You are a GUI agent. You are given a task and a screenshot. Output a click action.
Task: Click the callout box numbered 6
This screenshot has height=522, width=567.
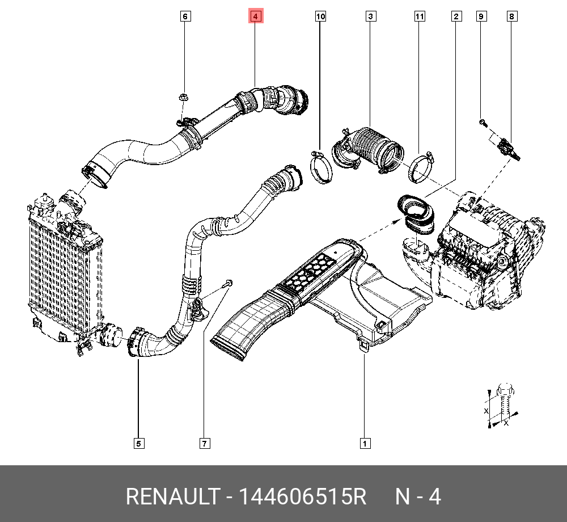click(185, 16)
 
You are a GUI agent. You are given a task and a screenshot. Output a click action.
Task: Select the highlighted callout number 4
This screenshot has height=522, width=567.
click(255, 16)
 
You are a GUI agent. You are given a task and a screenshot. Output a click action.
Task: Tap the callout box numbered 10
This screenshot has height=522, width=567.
click(321, 16)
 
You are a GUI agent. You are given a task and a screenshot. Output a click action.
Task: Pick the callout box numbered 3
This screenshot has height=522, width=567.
click(370, 16)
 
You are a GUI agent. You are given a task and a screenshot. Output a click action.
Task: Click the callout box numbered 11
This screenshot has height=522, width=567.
click(419, 16)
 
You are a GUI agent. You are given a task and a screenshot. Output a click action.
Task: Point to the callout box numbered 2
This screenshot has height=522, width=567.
click(456, 16)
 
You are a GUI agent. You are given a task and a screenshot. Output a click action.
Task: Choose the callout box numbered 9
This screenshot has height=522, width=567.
click(480, 16)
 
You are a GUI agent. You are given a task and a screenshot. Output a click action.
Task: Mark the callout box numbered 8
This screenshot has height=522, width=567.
click(511, 16)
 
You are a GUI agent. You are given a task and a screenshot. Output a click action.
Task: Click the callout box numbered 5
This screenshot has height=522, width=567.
click(138, 443)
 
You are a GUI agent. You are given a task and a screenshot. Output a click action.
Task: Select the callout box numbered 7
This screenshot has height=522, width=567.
click(204, 443)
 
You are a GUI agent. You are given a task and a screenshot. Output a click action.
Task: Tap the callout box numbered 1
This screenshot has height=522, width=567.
click(365, 443)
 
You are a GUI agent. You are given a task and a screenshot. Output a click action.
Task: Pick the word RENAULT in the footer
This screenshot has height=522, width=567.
click(171, 497)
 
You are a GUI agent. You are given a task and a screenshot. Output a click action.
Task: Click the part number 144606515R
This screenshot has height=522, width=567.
click(302, 497)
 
